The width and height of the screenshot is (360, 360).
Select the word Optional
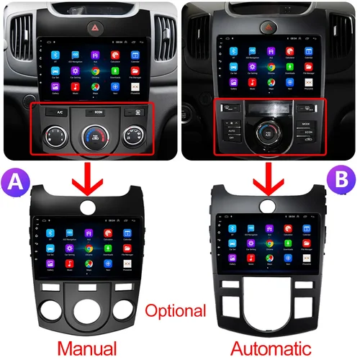pyautogui.click(x=176, y=312)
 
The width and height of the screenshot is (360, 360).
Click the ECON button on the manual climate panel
pyautogui.click(x=94, y=112)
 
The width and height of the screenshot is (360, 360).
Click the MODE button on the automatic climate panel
pyautogui.click(x=307, y=123)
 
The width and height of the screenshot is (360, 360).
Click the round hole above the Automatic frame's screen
pyautogui.click(x=270, y=205)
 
